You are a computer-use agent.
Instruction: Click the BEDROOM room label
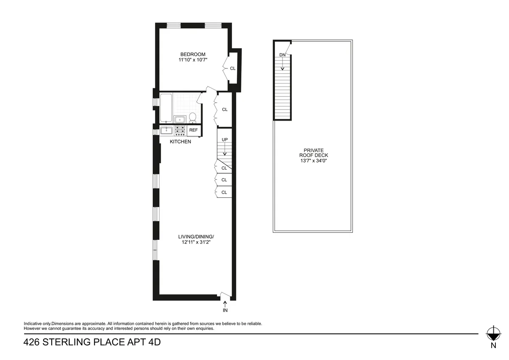click(x=193, y=54)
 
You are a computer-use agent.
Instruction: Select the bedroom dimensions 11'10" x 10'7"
click(x=193, y=60)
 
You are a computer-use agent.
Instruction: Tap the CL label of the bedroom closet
click(x=232, y=68)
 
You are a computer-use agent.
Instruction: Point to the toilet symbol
click(x=192, y=117)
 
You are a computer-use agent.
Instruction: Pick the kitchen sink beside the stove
click(x=166, y=130)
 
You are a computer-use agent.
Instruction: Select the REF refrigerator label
click(x=193, y=130)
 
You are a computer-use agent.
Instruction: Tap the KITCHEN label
click(x=180, y=142)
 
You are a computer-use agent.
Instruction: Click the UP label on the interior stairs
click(x=224, y=139)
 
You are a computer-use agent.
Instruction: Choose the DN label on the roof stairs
click(x=282, y=55)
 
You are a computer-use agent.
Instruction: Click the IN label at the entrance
click(x=225, y=310)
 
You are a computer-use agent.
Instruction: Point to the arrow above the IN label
click(x=225, y=303)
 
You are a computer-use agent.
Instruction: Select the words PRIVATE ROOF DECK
click(x=313, y=153)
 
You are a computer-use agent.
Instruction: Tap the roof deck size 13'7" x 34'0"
click(x=313, y=160)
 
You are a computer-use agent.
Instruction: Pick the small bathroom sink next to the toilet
click(x=179, y=118)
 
